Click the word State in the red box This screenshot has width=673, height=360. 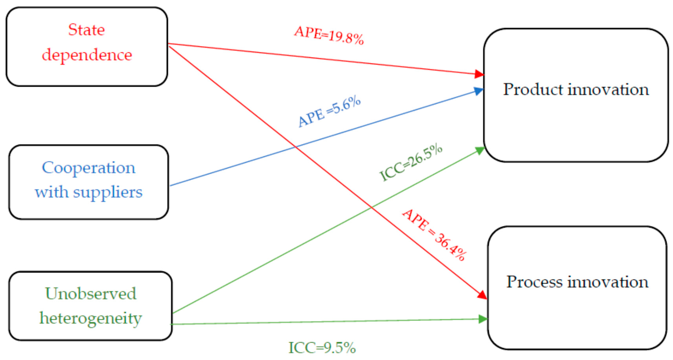87,30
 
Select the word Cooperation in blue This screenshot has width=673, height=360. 89,168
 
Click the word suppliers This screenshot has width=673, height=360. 108,192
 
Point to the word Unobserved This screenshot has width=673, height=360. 91,294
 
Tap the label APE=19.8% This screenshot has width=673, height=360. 329,36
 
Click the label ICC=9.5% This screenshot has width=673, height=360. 322,348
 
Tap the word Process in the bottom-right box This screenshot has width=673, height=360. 535,282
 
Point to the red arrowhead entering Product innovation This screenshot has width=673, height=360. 479,74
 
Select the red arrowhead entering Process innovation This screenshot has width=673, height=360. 482,295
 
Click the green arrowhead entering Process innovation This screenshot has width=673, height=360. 483,319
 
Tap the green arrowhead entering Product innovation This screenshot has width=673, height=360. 480,150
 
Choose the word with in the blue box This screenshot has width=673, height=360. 52,192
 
